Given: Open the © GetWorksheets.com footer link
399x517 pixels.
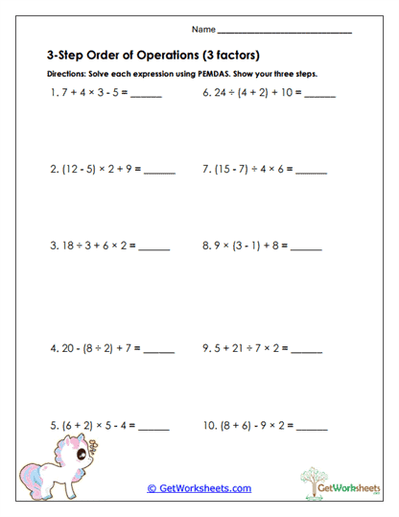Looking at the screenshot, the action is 199,488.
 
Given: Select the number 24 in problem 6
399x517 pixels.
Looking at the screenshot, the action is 220,94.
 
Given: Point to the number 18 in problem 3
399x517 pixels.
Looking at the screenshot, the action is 66,246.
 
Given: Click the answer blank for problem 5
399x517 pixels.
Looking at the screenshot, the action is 153,429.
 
